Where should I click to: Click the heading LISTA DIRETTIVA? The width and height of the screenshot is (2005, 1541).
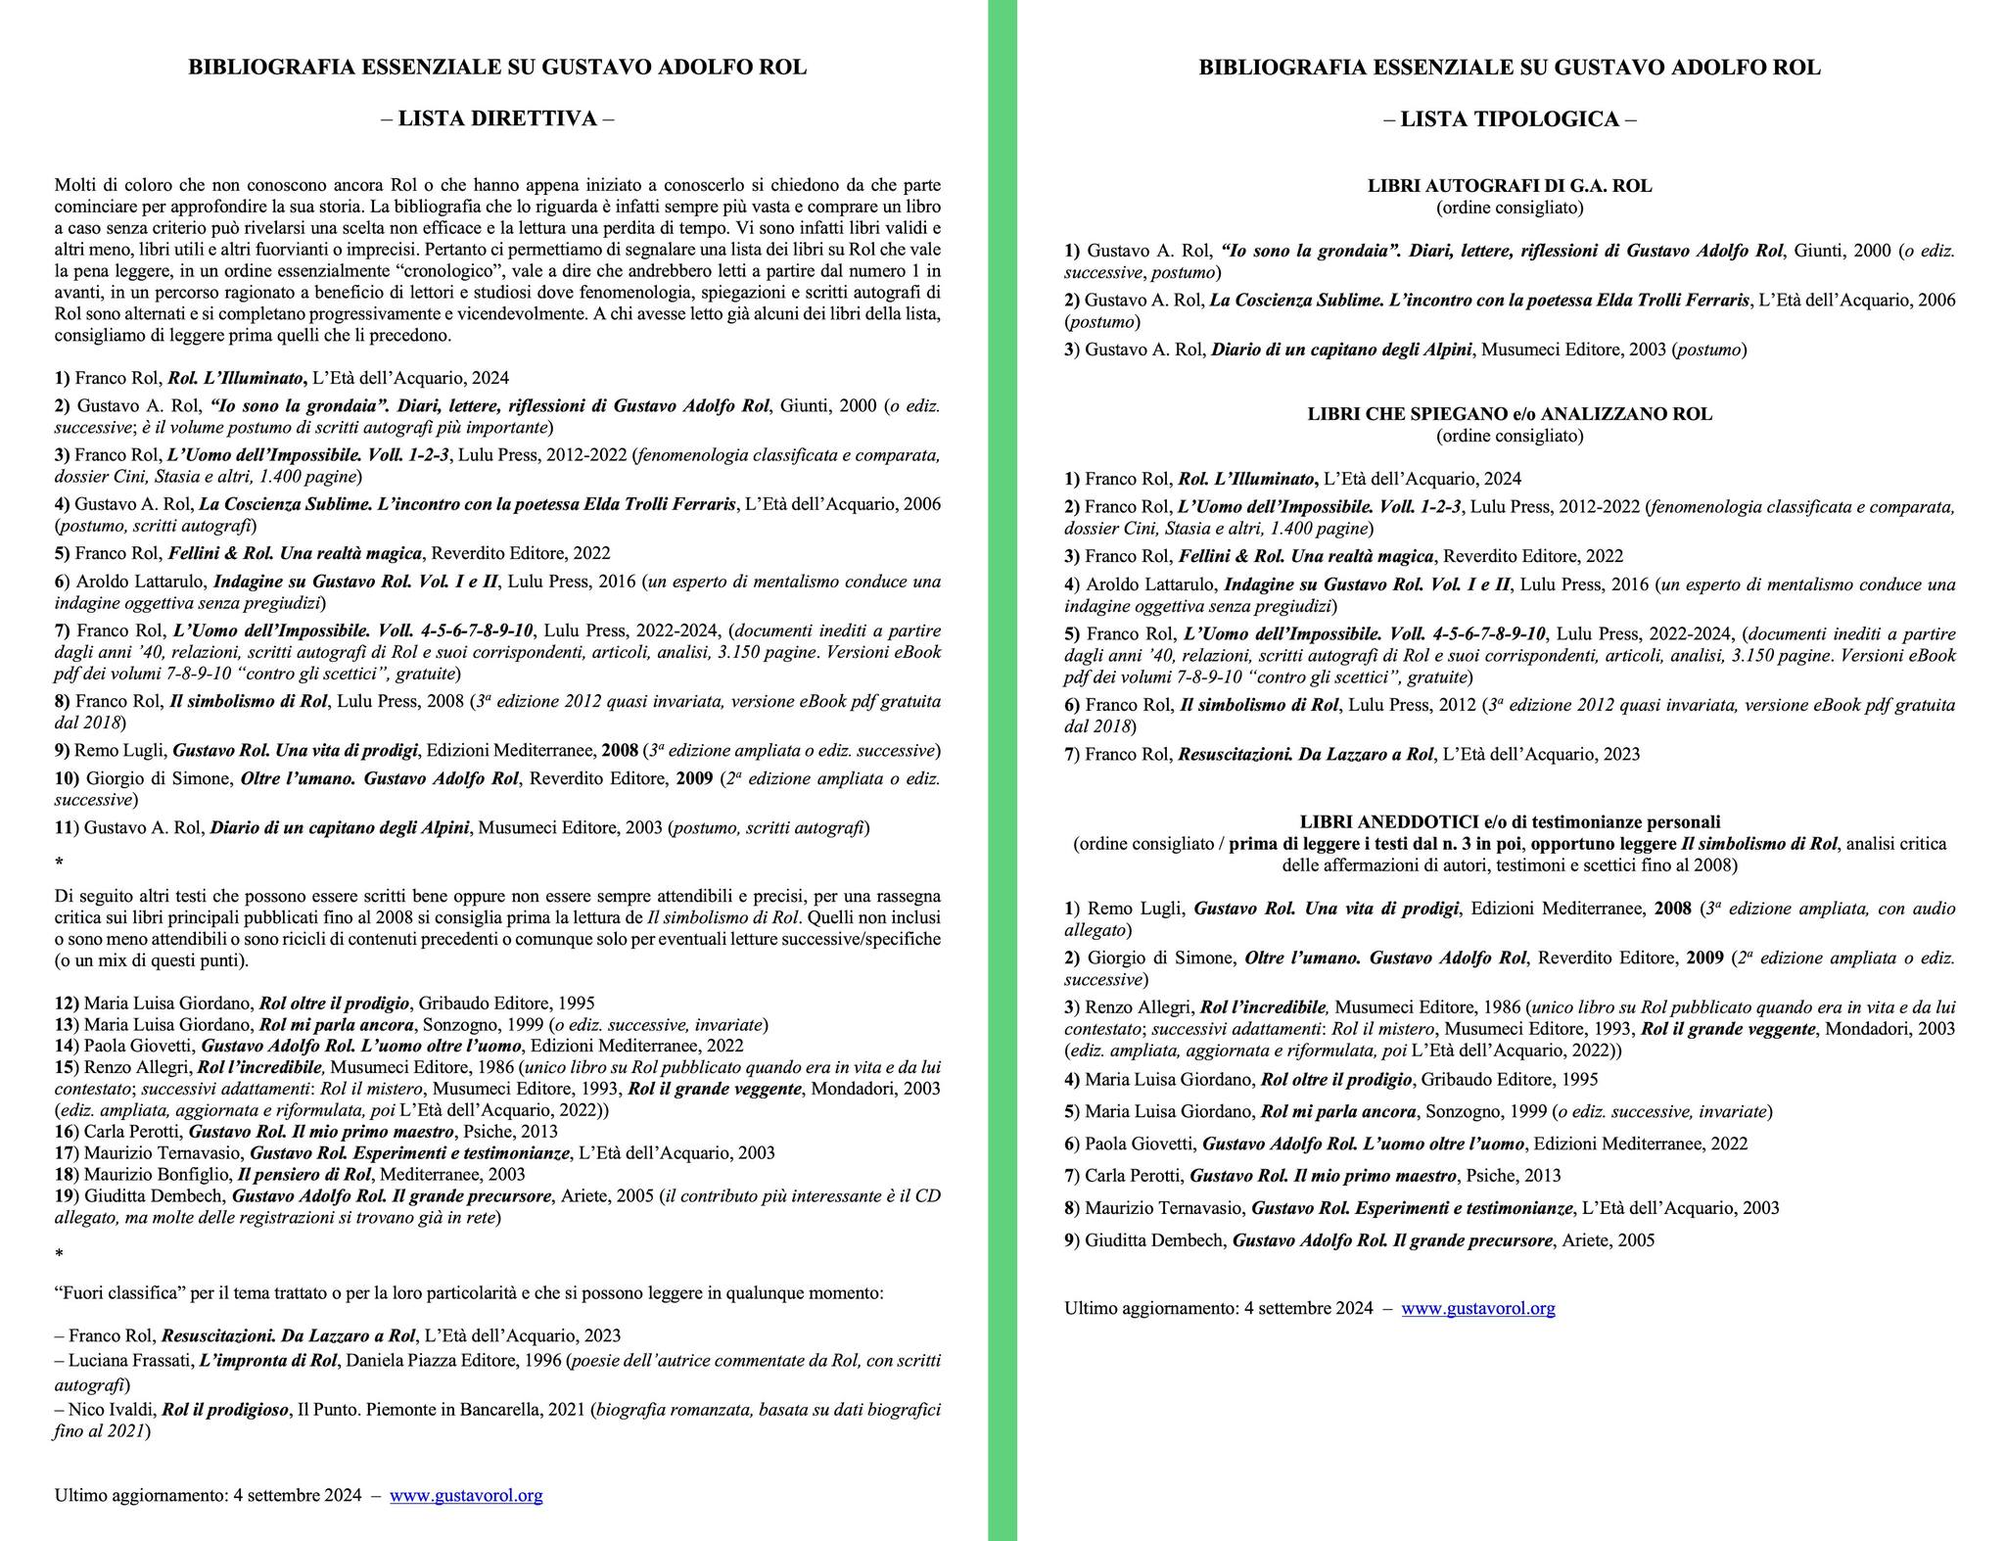497,118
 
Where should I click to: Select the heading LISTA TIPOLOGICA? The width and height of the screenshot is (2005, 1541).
1509,119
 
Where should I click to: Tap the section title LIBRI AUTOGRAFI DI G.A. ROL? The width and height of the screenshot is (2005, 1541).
1509,186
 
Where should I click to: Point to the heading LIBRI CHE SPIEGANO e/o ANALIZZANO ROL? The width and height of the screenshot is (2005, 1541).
1509,414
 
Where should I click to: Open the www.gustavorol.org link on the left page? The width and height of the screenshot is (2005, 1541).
466,1495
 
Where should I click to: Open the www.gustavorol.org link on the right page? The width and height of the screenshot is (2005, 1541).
1477,1308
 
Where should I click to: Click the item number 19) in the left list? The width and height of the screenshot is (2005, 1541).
67,1196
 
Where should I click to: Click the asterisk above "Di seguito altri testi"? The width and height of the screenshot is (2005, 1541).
60,863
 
